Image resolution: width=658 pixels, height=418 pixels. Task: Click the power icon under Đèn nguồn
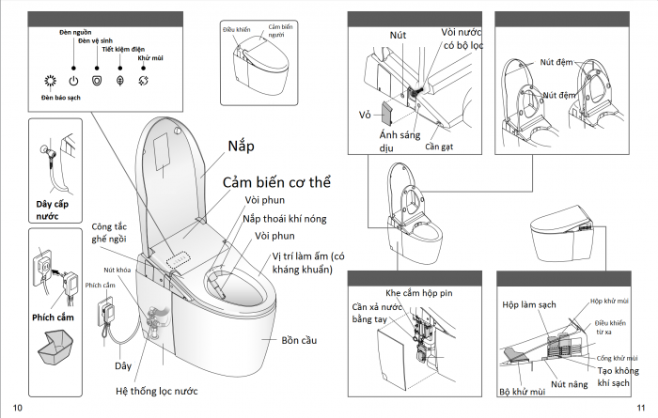coord(73,80)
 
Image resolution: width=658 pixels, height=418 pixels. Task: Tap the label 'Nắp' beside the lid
coord(243,147)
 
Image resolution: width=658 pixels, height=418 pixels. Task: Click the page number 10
coord(18,407)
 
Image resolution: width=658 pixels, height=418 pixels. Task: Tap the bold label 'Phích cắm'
coord(54,317)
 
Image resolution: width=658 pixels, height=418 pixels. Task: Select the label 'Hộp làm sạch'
coord(528,305)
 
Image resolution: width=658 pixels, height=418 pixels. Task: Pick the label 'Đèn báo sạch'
coord(59,98)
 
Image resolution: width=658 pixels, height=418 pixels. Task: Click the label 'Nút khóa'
coord(117,270)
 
